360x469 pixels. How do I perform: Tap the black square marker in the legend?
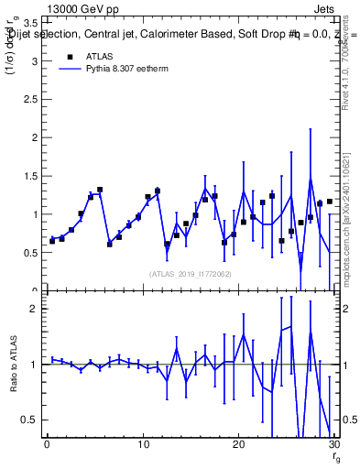[69, 56]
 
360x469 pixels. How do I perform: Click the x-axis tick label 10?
[143, 446]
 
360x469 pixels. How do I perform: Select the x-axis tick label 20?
[239, 446]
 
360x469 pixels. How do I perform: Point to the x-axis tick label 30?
[334, 446]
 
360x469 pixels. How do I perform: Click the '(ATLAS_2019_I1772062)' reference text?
[191, 273]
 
